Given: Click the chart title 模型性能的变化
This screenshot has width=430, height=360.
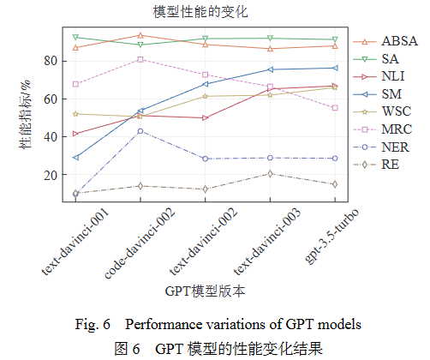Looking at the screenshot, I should coord(197,12).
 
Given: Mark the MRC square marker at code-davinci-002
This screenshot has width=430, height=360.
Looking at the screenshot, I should coord(140,59).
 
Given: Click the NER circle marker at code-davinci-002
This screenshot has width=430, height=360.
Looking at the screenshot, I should coord(140,131).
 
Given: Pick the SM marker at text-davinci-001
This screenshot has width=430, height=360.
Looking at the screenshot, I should coord(76,158).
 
